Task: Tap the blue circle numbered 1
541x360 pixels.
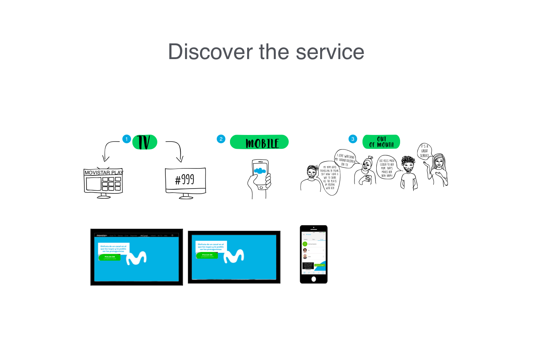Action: pos(127,139)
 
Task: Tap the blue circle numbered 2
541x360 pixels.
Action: pos(221,139)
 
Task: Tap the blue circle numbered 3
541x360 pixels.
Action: pos(353,139)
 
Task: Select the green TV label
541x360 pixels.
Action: pos(145,142)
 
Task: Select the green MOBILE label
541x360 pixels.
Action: pos(260,142)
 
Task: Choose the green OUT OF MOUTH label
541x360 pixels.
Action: pos(381,142)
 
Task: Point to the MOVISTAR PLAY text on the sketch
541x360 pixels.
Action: pos(104,173)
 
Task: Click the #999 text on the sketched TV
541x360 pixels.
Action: pos(185,179)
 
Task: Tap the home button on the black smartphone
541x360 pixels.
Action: pos(314,279)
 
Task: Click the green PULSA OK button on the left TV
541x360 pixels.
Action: pos(110,257)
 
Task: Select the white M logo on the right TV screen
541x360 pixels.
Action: pos(234,256)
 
